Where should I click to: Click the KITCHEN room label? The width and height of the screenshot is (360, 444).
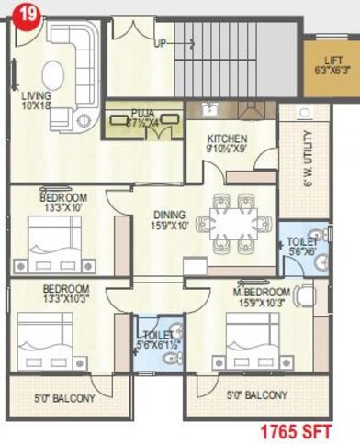click(226, 139)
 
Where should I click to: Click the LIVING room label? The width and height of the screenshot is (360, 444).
click(38, 94)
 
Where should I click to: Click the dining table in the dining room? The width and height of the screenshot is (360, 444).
click(233, 221)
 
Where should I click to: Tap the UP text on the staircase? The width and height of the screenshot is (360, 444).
click(161, 43)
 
